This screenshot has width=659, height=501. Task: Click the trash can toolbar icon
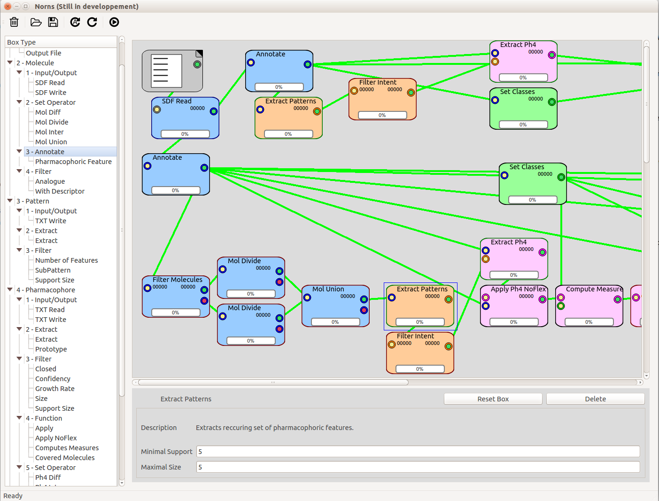[14, 22]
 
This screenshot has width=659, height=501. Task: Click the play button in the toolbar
[114, 22]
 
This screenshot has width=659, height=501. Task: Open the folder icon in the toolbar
[36, 22]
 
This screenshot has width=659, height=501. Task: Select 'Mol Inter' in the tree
[49, 132]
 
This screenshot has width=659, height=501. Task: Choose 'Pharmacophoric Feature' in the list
[73, 162]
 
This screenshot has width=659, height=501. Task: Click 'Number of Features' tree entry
[66, 260]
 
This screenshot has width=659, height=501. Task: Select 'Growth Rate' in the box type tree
[54, 388]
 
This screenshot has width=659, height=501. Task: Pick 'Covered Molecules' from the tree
[65, 457]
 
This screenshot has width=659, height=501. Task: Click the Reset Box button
[493, 399]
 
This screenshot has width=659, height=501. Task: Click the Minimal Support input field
[418, 452]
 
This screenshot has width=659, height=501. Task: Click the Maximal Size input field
[418, 467]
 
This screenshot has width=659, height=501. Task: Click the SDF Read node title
[177, 101]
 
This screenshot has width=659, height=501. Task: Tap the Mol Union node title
[328, 289]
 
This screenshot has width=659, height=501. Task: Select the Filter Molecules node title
[178, 279]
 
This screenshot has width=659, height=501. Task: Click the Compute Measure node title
[594, 289]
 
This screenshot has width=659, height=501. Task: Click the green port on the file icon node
[197, 64]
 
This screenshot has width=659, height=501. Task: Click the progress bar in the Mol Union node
[335, 322]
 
